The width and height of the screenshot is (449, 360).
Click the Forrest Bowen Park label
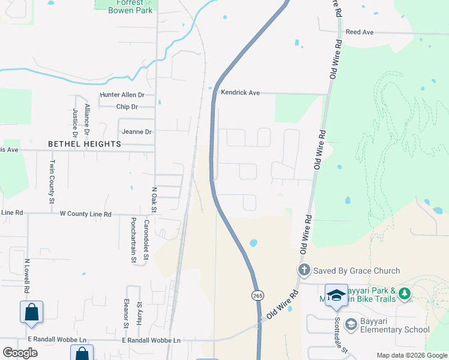[126, 7]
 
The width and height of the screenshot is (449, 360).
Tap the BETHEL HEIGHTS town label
[85, 145]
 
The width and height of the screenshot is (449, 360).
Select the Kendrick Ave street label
[240, 93]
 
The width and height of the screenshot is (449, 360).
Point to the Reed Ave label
[360, 31]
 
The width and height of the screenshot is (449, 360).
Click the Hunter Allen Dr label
[122, 95]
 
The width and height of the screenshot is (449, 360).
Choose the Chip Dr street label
[127, 107]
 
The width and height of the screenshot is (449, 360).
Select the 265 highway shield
[257, 295]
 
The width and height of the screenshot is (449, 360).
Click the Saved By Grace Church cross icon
[304, 271]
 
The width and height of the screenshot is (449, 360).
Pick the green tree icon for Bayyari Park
[405, 293]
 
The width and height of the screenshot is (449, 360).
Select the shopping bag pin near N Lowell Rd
[31, 312]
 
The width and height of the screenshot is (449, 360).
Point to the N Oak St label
[154, 200]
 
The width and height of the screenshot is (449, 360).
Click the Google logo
[20, 352]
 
